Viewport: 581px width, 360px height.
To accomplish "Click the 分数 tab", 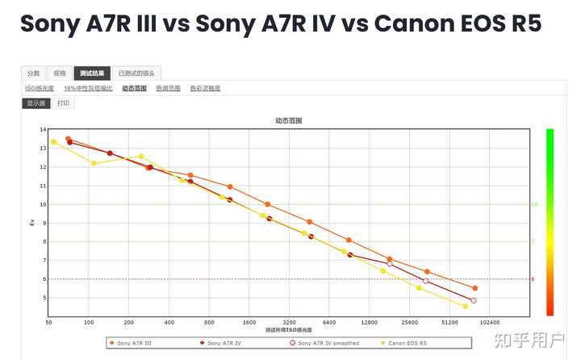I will pos(33,73).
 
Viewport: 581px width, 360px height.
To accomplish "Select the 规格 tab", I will pos(59,73).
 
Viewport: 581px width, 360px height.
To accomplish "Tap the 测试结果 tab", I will pos(91,73).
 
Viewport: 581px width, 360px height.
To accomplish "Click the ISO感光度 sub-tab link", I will pos(40,88).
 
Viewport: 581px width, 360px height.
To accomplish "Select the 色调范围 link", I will pos(168,88).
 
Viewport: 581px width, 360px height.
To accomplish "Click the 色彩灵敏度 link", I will pos(205,88).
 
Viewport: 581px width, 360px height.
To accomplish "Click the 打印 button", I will pos(63,103).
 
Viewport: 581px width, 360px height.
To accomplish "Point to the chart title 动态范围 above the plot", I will pos(289,121).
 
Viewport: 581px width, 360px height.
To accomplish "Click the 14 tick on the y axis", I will pos(43,130).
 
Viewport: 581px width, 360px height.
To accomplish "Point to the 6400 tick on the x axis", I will pos(329,322).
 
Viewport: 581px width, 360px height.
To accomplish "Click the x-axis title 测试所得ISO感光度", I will pos(289,330).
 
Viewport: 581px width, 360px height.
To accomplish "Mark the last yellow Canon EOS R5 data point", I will pos(466,307).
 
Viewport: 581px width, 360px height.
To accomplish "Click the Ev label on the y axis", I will pos(32,222).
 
